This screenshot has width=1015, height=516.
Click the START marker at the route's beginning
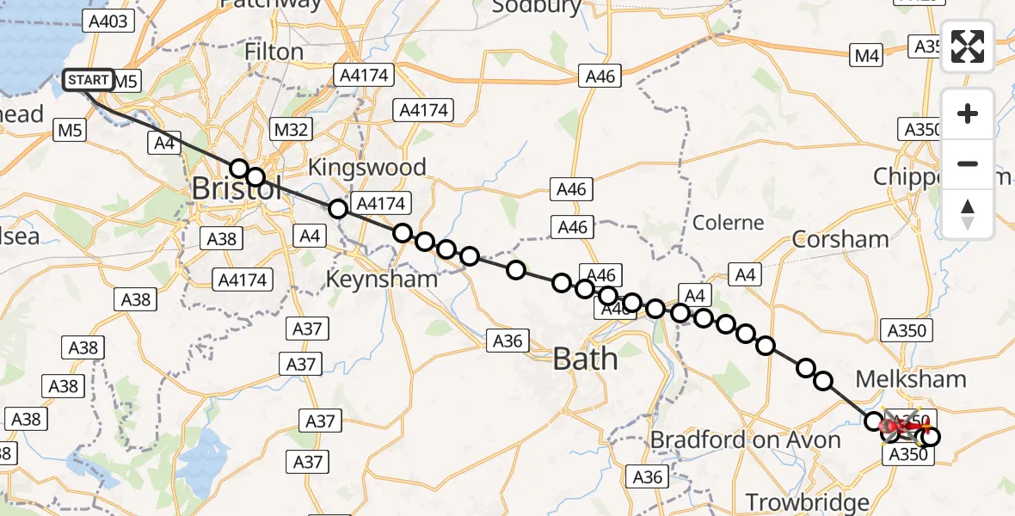(x=89, y=81)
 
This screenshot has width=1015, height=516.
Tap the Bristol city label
(x=236, y=188)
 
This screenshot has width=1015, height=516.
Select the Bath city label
(x=586, y=358)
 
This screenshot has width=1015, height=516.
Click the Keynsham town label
(x=381, y=279)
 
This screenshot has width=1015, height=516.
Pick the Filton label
(x=274, y=52)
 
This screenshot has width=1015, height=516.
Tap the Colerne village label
(x=729, y=223)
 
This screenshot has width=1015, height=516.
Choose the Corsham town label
(x=840, y=239)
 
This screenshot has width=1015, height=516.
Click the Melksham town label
(x=911, y=379)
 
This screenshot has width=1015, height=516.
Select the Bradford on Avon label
(x=745, y=440)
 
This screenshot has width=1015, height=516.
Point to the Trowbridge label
(x=807, y=502)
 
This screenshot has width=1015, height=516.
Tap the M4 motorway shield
(x=867, y=56)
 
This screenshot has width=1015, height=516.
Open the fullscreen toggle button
(x=968, y=46)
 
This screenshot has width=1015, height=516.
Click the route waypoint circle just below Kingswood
(x=338, y=208)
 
